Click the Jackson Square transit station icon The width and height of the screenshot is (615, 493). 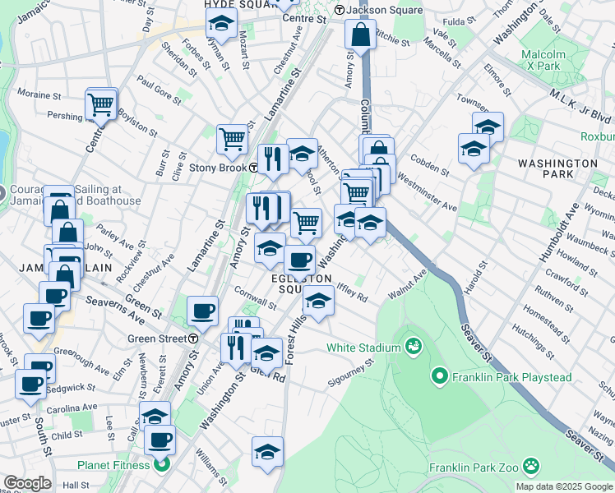pos(338,11)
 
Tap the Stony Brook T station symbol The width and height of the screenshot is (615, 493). pos(255,168)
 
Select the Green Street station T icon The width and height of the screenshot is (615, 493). pos(193,338)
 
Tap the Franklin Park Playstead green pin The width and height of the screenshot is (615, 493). pos(441,377)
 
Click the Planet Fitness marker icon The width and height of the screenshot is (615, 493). pos(162,465)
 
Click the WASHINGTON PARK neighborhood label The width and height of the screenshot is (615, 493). pos(557,169)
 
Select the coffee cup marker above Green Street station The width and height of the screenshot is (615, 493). pos(202,311)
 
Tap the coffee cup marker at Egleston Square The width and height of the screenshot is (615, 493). pos(299,260)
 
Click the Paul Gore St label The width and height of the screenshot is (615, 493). pos(159,90)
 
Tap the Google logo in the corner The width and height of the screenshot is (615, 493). pos(27,483)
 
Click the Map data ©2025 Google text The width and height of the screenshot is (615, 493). pos(564,486)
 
